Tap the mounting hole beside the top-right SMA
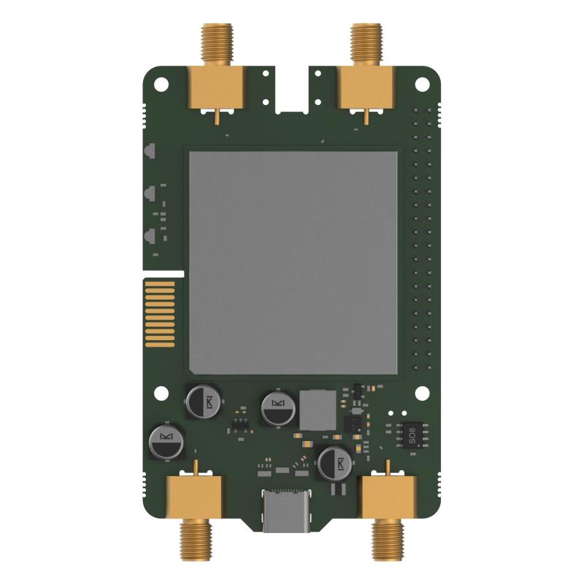(x=421, y=82)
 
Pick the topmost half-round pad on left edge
(x=147, y=153)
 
